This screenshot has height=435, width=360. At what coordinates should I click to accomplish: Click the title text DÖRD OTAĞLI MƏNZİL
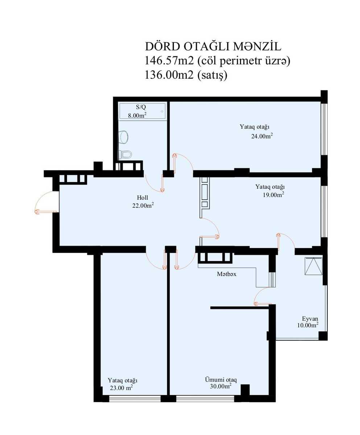point(213,47)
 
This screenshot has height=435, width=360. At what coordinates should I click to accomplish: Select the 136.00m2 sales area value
point(169,75)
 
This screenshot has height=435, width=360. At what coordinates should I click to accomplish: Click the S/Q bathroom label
point(141,107)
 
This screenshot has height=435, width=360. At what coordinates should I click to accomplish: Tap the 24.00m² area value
point(262,136)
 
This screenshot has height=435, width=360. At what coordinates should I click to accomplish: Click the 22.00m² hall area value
point(143,206)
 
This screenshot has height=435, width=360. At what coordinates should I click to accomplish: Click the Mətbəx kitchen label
point(227,274)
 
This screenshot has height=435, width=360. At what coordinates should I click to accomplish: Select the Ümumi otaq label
point(221,380)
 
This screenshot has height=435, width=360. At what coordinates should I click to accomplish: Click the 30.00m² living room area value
point(221,386)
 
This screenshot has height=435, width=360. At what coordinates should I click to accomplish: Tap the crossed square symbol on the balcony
point(313,266)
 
